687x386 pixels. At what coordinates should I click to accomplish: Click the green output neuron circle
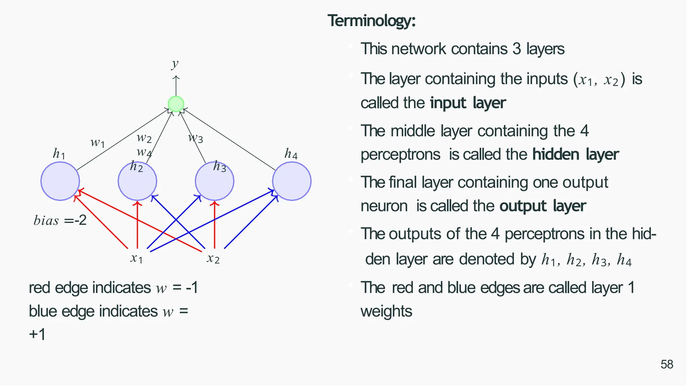(176, 104)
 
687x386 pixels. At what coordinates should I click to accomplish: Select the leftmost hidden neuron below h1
(60, 181)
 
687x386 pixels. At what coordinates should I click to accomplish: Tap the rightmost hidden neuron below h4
(292, 181)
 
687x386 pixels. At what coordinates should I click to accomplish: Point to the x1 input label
(137, 258)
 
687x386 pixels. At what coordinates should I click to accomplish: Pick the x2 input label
(213, 258)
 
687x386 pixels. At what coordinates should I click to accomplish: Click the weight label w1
(98, 143)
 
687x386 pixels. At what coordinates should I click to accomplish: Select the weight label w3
(196, 138)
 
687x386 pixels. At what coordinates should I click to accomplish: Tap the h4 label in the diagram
(291, 154)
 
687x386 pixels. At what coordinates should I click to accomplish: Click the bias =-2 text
(60, 220)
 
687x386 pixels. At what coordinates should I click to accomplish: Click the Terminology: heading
(372, 21)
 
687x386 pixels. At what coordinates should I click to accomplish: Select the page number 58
(667, 364)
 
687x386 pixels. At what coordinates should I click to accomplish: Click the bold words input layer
(468, 103)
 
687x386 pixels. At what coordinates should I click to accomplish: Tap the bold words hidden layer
(575, 154)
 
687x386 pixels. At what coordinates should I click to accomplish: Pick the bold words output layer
(542, 206)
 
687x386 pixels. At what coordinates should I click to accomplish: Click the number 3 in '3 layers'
(517, 49)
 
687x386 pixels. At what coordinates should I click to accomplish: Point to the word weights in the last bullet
(386, 311)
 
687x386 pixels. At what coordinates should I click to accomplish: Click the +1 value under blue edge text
(37, 334)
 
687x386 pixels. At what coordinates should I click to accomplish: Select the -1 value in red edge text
(192, 288)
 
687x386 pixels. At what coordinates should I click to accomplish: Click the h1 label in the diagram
(59, 154)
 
